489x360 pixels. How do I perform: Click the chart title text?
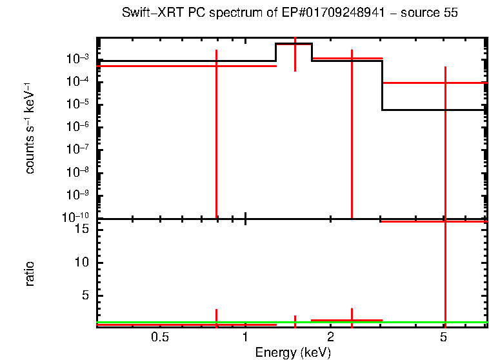point(290,14)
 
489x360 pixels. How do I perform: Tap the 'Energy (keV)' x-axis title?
point(293,352)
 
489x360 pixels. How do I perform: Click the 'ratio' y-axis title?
point(30,274)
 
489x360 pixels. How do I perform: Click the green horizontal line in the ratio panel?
point(194,322)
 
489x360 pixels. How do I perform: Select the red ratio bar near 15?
point(432,221)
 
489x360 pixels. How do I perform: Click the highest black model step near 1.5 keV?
point(294,44)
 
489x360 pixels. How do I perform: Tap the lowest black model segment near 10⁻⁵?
point(432,110)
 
